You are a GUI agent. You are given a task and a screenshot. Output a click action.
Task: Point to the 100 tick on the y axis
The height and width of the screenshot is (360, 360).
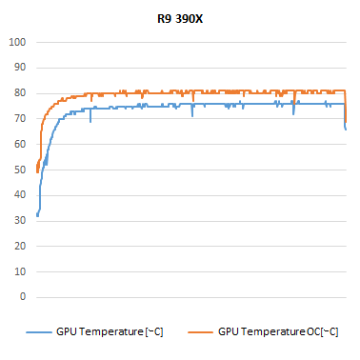tap(16, 42)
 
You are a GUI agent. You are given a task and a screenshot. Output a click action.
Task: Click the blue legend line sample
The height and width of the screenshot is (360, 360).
tap(40, 331)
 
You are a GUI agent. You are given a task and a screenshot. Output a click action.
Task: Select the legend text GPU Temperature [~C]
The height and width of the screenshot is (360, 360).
tap(110, 331)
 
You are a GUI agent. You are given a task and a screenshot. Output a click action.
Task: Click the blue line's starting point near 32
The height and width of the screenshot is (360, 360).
tap(37, 215)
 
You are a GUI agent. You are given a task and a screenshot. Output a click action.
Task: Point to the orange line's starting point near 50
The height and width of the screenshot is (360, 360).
tap(36, 170)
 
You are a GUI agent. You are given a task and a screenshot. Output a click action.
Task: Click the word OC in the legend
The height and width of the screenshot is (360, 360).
tap(310, 331)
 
